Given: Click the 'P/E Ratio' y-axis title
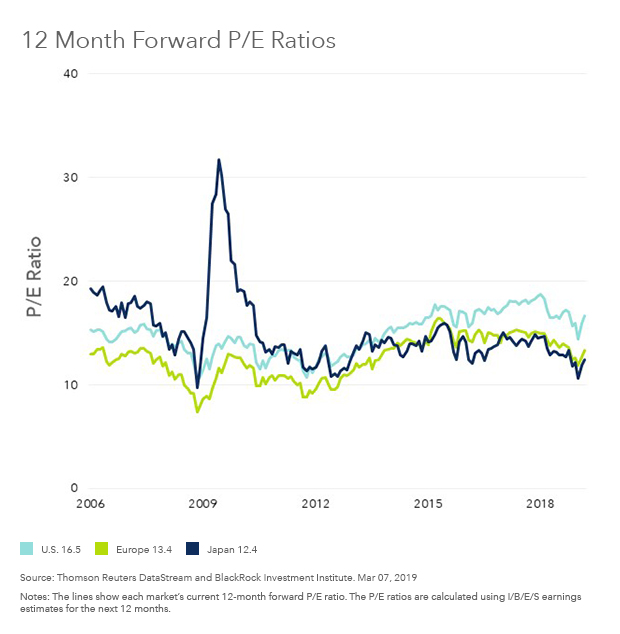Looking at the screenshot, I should click(34, 279).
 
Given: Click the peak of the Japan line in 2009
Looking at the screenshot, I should click(219, 159).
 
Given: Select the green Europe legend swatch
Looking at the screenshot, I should click(100, 548).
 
